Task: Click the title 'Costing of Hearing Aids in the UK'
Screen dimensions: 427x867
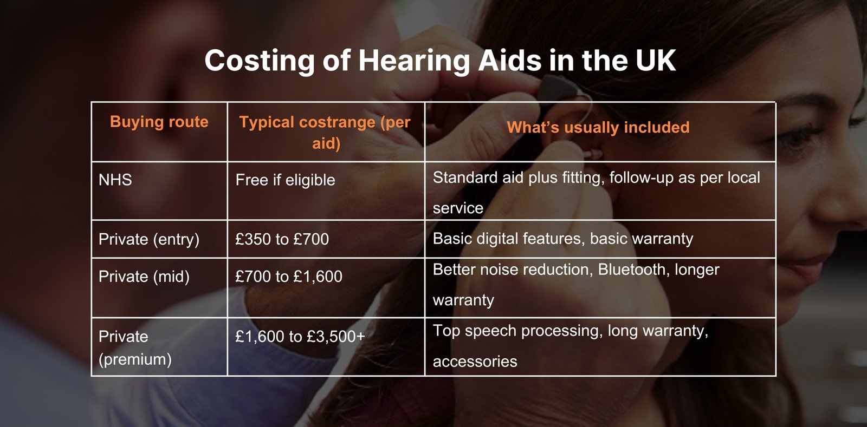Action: (439, 60)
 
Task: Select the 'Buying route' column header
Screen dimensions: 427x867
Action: (159, 122)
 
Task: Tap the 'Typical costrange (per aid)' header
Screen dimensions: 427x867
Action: (325, 132)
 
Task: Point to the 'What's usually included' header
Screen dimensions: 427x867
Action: (598, 127)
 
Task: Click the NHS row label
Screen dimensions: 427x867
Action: (115, 180)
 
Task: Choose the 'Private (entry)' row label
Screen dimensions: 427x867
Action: (148, 239)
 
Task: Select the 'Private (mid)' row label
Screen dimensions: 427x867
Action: (144, 277)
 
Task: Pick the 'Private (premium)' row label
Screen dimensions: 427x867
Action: (134, 347)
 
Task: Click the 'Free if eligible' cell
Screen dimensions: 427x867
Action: (285, 180)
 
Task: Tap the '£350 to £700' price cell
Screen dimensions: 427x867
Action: (282, 239)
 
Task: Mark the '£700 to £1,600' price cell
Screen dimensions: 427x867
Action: (288, 277)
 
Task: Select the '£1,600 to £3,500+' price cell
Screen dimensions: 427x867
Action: (300, 337)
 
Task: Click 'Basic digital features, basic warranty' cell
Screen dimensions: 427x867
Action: (562, 239)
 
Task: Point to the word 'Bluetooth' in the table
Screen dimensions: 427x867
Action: (632, 270)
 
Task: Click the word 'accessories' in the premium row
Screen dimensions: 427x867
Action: (475, 362)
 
